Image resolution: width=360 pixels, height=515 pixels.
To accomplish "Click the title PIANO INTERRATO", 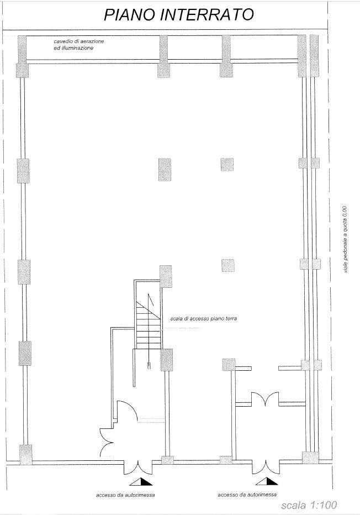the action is (x=179, y=15).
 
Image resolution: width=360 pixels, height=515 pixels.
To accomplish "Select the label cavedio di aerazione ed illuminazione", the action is (x=79, y=45).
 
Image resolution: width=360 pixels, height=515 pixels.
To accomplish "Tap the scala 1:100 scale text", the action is (x=309, y=505).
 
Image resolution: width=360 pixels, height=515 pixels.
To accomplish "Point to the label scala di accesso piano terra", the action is (x=203, y=319).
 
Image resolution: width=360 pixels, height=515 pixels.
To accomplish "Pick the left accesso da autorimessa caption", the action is (x=125, y=495).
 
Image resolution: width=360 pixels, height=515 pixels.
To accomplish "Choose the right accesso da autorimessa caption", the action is (x=247, y=495).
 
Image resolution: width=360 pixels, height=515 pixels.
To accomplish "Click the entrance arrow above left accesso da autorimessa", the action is (x=141, y=481).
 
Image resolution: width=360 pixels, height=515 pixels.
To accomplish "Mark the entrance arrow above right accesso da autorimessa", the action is (x=267, y=481).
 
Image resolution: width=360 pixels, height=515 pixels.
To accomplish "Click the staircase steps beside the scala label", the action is (x=149, y=325).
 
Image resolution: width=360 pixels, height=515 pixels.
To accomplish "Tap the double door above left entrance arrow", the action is (x=138, y=467).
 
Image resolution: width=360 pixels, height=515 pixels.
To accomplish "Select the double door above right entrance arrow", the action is (x=266, y=467).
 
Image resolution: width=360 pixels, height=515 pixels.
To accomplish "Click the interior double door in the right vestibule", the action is (x=265, y=399).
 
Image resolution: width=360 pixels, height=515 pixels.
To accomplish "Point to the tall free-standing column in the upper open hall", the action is (x=165, y=170).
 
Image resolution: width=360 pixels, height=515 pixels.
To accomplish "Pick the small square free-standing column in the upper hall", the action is (x=227, y=165).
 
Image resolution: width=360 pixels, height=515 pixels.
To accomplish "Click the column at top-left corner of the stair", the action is (x=166, y=276).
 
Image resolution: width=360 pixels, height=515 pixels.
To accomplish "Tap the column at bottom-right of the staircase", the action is (x=167, y=360).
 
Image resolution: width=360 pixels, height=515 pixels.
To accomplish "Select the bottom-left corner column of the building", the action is (x=25, y=455).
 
